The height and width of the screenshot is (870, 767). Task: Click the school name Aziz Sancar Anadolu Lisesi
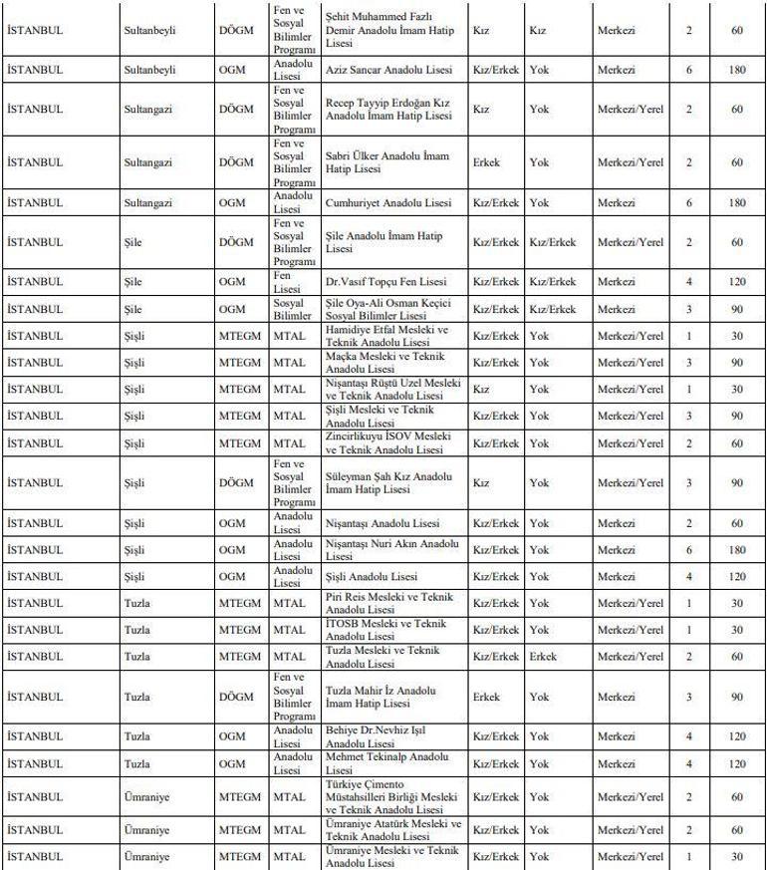[x=387, y=71]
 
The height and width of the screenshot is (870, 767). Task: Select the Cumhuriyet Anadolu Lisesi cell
[x=387, y=203]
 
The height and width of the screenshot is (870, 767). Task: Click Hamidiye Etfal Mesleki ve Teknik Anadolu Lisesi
[x=387, y=336]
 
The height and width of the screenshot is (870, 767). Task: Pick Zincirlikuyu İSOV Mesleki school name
[x=387, y=442]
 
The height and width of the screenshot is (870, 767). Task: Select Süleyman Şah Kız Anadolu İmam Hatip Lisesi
[x=387, y=483]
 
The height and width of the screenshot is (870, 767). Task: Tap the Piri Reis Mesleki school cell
[x=387, y=603]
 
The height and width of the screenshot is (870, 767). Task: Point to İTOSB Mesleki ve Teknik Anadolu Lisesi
[x=387, y=630]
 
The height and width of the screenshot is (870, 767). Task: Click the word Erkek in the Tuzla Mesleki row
[x=543, y=657]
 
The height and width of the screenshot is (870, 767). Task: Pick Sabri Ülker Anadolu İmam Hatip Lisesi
[x=387, y=162]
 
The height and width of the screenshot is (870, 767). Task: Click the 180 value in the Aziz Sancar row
[x=736, y=71]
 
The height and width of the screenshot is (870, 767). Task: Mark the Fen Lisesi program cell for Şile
[x=291, y=282]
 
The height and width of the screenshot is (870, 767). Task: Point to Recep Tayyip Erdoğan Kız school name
[x=387, y=110]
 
